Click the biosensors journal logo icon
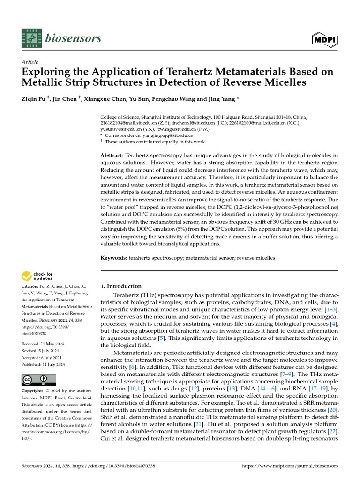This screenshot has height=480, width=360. coord(31,38)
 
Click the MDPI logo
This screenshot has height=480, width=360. coord(326,40)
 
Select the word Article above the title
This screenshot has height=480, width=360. coord(30,62)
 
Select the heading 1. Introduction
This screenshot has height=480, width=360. coord(121,286)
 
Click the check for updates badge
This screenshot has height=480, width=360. coord(37,276)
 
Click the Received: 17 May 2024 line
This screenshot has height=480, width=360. coord(43,344)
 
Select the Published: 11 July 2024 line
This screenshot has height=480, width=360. coord(44,364)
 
